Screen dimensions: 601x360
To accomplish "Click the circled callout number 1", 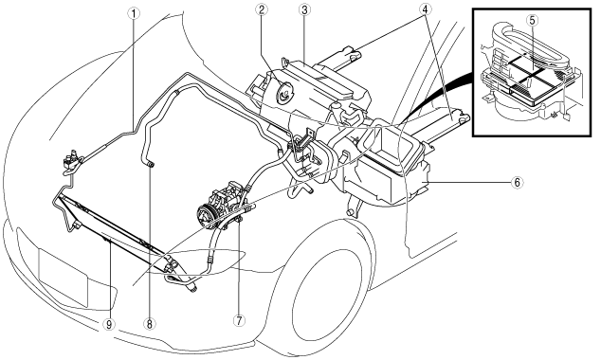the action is pyautogui.click(x=134, y=14).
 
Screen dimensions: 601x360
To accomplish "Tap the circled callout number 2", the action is pyautogui.click(x=262, y=10).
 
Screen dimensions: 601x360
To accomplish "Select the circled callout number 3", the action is pyautogui.click(x=304, y=10).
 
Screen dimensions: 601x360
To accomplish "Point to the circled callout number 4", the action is pyautogui.click(x=425, y=10).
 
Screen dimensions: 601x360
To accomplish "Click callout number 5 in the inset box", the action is pyautogui.click(x=533, y=20).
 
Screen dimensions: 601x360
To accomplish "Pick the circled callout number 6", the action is pyautogui.click(x=517, y=183).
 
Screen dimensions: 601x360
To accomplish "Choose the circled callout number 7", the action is pyautogui.click(x=239, y=321).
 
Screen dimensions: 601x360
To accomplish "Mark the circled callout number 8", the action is pyautogui.click(x=149, y=324).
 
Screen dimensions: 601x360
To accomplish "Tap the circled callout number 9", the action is pyautogui.click(x=109, y=324).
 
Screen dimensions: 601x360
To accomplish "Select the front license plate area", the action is pyautogui.click(x=63, y=277).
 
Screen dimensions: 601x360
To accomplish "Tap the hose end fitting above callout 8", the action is pyautogui.click(x=151, y=165).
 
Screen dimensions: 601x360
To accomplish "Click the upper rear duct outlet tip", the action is pyautogui.click(x=353, y=53).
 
